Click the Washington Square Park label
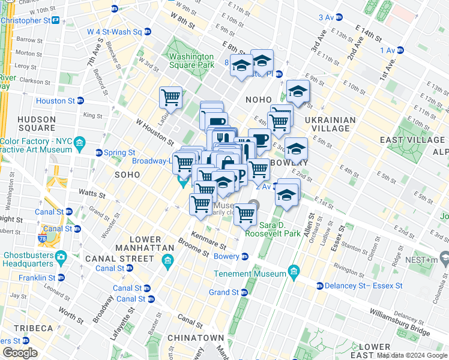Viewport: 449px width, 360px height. tap(191, 61)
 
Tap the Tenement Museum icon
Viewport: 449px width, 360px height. tap(294, 274)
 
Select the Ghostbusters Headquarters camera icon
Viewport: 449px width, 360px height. tap(61, 257)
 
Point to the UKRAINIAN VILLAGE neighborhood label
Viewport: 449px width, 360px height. tap(331, 124)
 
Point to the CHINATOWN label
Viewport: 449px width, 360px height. tap(195, 338)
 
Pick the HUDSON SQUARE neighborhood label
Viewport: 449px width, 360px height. tap(37, 124)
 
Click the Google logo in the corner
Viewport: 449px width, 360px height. tap(20, 353)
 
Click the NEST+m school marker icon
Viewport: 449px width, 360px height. tap(445, 259)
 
